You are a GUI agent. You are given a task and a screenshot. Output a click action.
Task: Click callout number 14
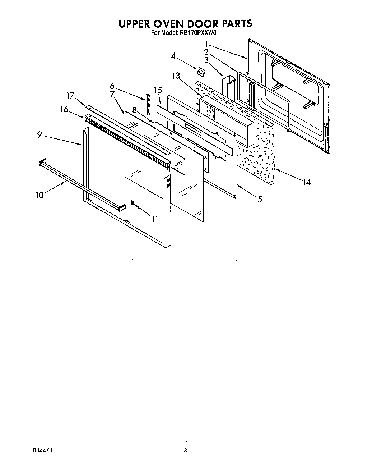pos(306,182)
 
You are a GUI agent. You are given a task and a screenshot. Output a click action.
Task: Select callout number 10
pos(40,195)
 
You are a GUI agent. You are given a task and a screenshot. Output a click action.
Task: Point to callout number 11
pos(155,218)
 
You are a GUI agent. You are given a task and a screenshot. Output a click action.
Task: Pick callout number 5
pos(259,198)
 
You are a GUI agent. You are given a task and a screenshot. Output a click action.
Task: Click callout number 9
pos(39,135)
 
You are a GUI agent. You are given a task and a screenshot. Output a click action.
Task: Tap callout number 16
pos(64,109)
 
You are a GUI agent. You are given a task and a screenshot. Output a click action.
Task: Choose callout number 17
pos(70,96)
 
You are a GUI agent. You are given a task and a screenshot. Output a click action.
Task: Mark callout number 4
pos(173,56)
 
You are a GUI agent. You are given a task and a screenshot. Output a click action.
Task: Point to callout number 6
pos(112,86)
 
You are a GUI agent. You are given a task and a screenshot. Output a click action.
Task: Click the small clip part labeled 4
pos(201,71)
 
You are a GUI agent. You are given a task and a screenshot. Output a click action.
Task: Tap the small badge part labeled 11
pos(132,203)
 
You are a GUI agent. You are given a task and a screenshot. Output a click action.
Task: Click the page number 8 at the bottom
pos(186,450)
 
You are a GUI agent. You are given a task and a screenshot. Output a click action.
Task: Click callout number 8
pos(134,110)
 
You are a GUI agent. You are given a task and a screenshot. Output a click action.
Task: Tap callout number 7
pos(112,94)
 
